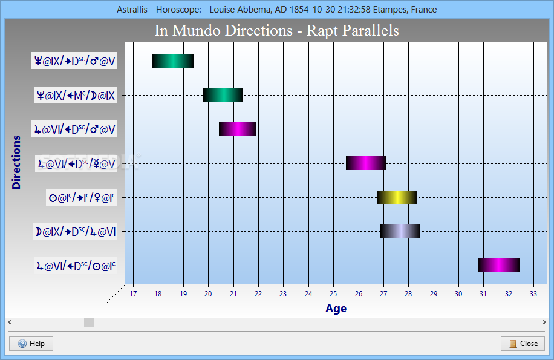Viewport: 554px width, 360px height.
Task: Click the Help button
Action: coord(31,344)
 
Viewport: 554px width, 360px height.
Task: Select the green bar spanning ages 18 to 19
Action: coord(172,61)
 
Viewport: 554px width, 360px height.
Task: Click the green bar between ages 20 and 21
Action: coord(223,94)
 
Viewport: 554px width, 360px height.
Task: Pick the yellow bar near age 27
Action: coord(396,197)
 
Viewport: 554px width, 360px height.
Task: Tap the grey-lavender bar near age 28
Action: coord(400,231)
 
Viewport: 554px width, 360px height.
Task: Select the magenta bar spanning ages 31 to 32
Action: coord(498,266)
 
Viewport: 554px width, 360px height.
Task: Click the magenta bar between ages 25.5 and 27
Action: coord(366,163)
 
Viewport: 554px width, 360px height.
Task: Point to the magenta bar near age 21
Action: coord(238,129)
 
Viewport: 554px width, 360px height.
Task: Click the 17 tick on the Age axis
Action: coord(133,294)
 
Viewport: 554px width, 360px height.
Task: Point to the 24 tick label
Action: coord(308,294)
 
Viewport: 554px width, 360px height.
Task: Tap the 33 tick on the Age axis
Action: coord(533,294)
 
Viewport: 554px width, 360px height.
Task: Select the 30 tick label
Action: coord(458,294)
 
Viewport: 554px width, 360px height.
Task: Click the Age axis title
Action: coord(336,309)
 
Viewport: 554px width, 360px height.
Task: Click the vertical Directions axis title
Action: coord(16,162)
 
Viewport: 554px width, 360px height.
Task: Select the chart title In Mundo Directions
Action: coord(224,30)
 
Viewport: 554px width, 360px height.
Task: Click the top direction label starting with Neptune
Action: coord(74,61)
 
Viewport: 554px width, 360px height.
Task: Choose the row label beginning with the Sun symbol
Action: coord(82,197)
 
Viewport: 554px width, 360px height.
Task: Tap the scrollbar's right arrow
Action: coord(544,322)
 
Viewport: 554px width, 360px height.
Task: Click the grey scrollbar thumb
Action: coord(89,322)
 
